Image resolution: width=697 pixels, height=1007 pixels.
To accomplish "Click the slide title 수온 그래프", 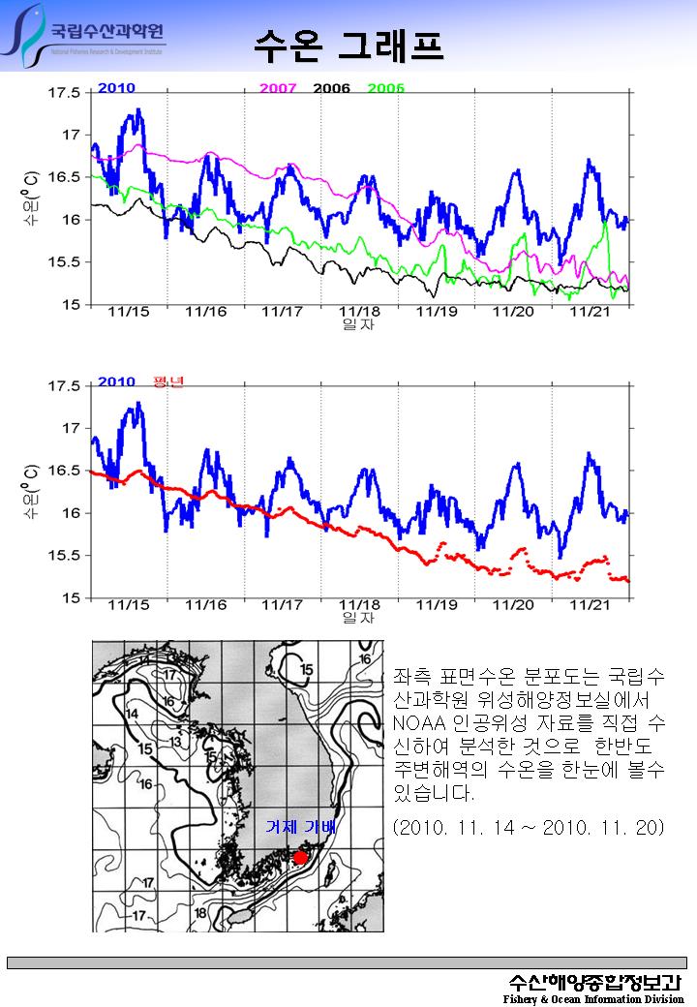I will click(x=348, y=45).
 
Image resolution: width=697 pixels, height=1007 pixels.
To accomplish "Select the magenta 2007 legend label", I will click(x=278, y=88).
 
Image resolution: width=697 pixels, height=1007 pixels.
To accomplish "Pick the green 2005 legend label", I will click(x=385, y=88).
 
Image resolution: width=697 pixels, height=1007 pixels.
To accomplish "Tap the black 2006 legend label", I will click(x=331, y=88).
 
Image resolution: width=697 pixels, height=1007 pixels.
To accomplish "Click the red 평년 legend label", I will click(x=168, y=381).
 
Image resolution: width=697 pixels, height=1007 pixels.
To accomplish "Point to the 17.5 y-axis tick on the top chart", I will click(x=64, y=93).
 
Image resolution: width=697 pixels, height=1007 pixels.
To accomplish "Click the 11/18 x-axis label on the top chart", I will click(x=359, y=312).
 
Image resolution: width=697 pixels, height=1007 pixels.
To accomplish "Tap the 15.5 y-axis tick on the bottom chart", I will click(x=64, y=556).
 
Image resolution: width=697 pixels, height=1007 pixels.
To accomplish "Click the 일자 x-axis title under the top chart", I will click(x=358, y=324).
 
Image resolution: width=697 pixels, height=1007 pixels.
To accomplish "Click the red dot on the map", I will click(x=300, y=858).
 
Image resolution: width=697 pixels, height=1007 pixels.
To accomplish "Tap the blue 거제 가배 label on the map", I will click(x=300, y=827).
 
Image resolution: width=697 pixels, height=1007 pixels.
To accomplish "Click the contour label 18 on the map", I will click(x=200, y=912).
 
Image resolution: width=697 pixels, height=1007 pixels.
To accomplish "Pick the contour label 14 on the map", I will click(x=133, y=715).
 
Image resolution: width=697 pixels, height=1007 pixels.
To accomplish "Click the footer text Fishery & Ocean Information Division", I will click(x=592, y=998).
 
